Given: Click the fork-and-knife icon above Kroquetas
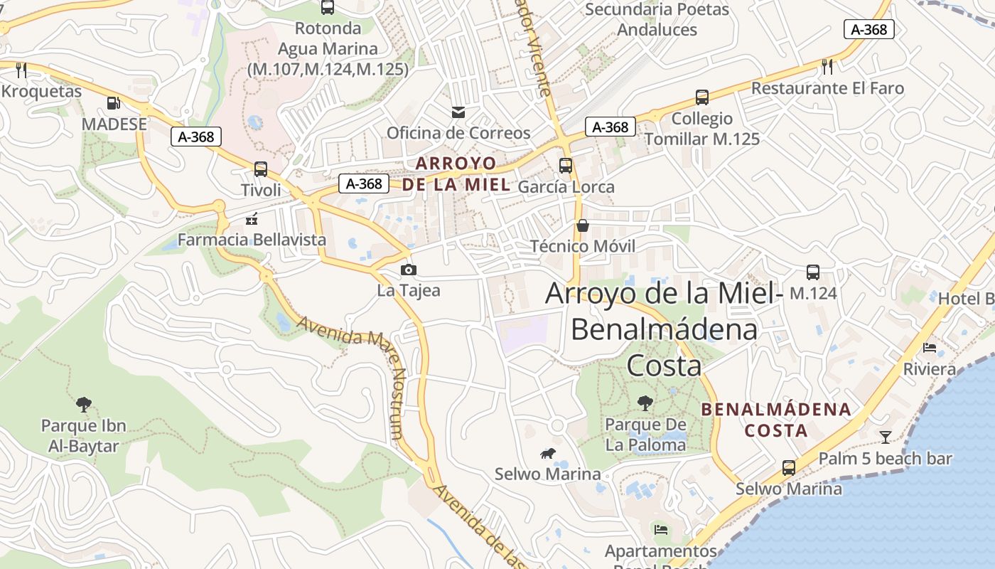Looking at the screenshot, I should (x=21, y=70).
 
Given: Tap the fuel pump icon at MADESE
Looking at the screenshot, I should (x=113, y=103).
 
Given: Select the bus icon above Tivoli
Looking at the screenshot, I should (x=261, y=169).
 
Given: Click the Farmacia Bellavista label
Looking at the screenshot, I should (x=252, y=240).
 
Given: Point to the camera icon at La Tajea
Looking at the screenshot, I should (x=409, y=270).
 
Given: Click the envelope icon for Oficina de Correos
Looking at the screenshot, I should (x=458, y=112).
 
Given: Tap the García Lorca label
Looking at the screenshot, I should (x=566, y=187).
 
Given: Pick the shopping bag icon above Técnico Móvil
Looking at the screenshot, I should (x=583, y=225).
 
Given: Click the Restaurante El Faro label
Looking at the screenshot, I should (x=827, y=88).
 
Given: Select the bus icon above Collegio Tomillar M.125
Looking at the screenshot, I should (x=702, y=97).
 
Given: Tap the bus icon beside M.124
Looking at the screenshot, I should (x=813, y=272).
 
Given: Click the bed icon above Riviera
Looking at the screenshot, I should (x=930, y=348).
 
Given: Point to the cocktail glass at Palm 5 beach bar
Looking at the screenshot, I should (x=886, y=437).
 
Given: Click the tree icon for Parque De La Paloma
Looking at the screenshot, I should (x=645, y=403).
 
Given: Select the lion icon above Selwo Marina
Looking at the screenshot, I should (x=547, y=453).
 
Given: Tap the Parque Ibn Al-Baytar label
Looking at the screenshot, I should (x=83, y=436).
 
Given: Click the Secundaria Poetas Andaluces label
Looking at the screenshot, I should (x=657, y=19).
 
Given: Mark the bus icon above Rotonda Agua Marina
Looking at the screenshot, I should (x=328, y=8).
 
